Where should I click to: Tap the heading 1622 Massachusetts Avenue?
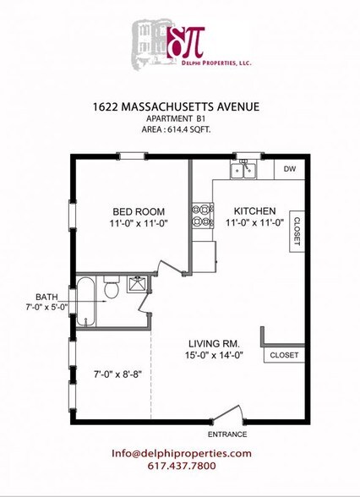(x=175, y=107)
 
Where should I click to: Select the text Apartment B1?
(x=176, y=120)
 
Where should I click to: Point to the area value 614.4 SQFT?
(x=176, y=131)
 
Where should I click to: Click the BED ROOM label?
(x=139, y=211)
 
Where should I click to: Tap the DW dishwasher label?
(x=289, y=169)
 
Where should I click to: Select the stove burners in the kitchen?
(x=203, y=215)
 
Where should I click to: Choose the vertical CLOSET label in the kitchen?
(x=297, y=232)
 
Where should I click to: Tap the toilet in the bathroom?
(x=110, y=290)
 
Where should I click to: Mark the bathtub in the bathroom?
(x=86, y=303)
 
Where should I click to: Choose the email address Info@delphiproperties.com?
(x=181, y=453)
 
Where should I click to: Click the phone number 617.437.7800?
(x=181, y=466)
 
